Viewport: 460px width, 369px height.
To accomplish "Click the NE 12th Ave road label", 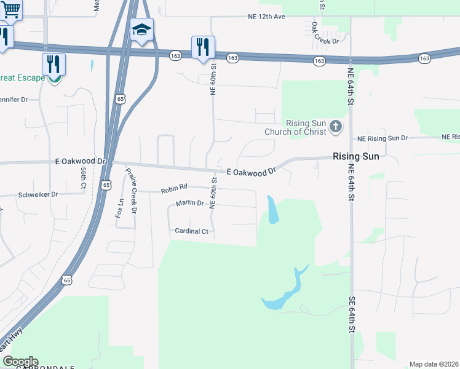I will (x=266, y=16).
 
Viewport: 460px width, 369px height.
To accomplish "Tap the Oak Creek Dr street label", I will (x=325, y=33).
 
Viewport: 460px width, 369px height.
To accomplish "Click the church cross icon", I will (x=335, y=127).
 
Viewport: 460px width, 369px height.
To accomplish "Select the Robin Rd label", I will (x=173, y=191).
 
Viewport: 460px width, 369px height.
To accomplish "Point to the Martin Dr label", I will (x=189, y=203).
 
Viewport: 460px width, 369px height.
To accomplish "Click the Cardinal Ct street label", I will (x=192, y=231).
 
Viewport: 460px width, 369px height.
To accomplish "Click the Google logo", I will (x=20, y=362).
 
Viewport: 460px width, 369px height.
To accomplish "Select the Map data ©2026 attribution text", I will (x=434, y=364).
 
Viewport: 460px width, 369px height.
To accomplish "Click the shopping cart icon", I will (x=10, y=8).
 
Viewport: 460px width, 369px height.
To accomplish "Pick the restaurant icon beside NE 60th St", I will (x=203, y=46).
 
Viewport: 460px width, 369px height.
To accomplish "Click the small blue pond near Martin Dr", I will (x=272, y=210).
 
